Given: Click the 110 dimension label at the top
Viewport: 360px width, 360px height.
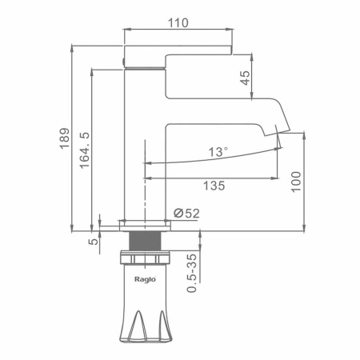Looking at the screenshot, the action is (178, 23).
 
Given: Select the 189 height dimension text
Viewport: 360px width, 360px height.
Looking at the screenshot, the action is (65, 138).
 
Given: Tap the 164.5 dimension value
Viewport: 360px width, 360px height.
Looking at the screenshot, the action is (85, 150).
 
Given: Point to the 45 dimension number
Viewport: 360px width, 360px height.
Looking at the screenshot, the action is (246, 78).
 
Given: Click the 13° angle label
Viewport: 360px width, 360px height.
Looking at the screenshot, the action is (218, 152).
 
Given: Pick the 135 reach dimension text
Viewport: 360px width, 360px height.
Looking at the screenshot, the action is (214, 186).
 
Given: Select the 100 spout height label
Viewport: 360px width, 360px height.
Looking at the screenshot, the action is (296, 182).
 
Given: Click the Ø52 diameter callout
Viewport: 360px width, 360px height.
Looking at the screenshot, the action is (186, 214).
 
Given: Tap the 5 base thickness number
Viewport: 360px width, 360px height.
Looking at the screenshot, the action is (93, 242).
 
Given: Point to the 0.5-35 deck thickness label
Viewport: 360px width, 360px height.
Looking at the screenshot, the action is (191, 273).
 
